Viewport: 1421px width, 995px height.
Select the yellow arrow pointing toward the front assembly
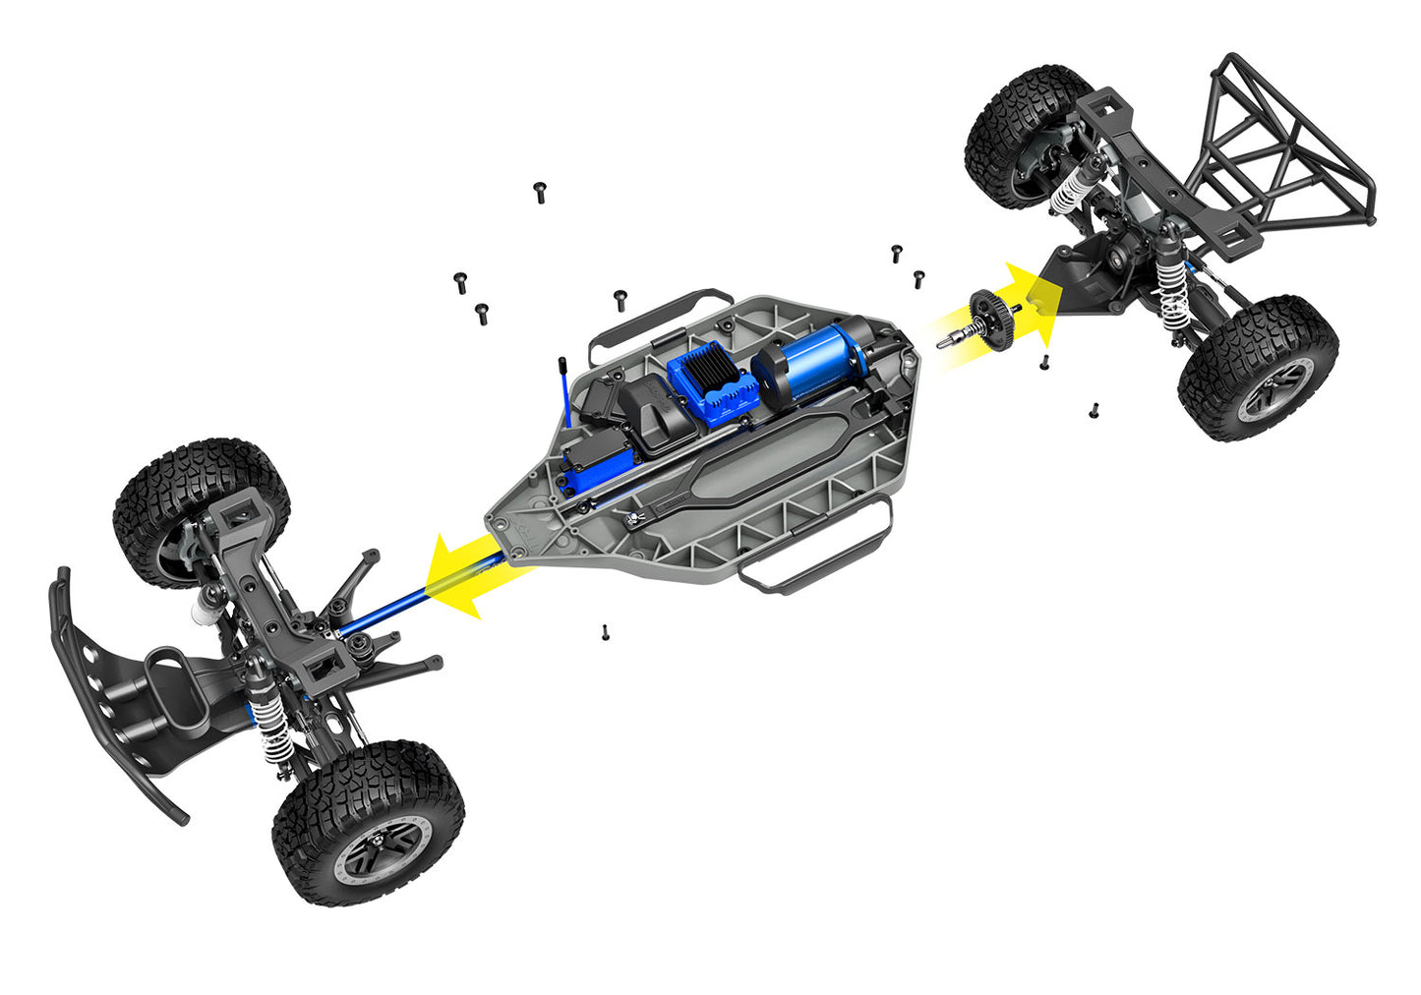tap(468, 577)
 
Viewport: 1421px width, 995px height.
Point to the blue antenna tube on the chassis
tap(567, 393)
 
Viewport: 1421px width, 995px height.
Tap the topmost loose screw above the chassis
tap(539, 191)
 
